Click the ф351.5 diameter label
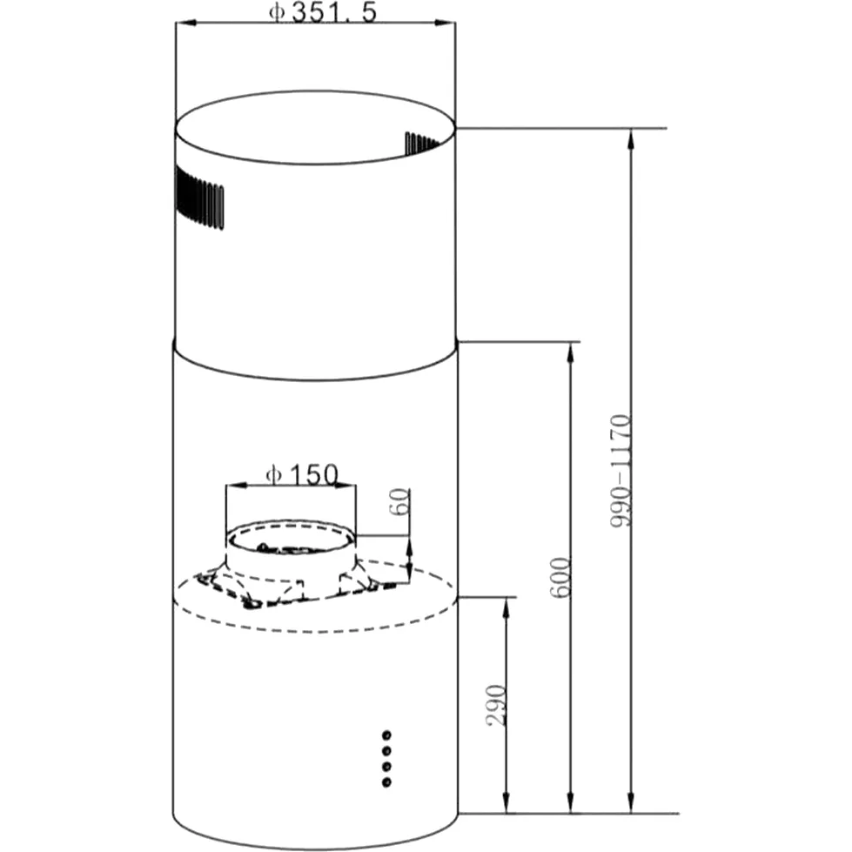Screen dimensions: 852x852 323,12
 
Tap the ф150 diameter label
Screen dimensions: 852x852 302,475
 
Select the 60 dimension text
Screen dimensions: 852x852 399,502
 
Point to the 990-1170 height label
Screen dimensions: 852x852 620,471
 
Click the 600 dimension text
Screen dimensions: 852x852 560,578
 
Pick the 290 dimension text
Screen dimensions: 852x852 496,705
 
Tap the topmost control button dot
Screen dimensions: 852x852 386,735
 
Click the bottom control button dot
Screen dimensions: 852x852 386,782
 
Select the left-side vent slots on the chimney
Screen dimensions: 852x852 199,198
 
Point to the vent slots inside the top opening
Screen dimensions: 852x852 422,143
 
